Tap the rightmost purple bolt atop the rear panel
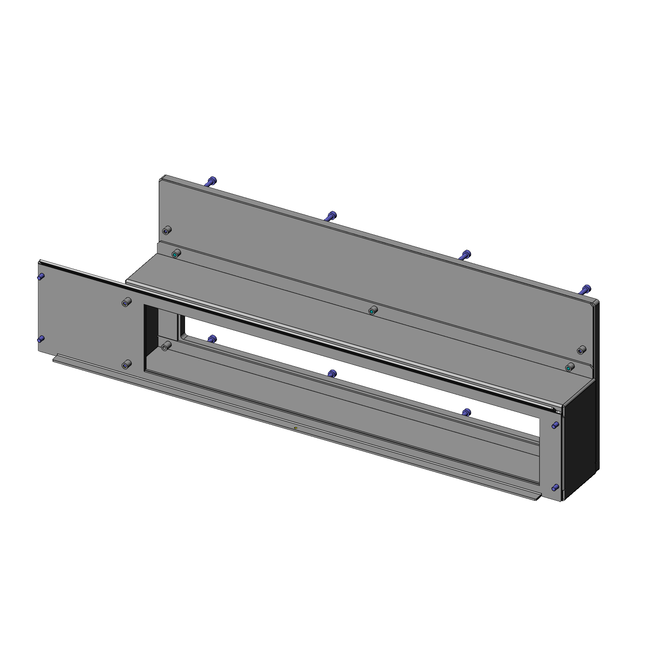point(586,289)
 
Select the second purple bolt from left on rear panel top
point(331,215)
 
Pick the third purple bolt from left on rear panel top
point(466,254)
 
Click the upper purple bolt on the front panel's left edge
point(41,276)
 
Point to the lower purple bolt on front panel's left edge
point(41,339)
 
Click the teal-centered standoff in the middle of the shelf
point(373,310)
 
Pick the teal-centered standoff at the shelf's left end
point(176,254)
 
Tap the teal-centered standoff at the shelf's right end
point(569,368)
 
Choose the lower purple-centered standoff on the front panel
point(126,365)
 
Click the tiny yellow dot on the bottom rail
point(295,429)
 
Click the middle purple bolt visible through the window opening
point(331,373)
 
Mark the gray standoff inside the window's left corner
point(166,346)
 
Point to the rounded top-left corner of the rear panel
point(163,178)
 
